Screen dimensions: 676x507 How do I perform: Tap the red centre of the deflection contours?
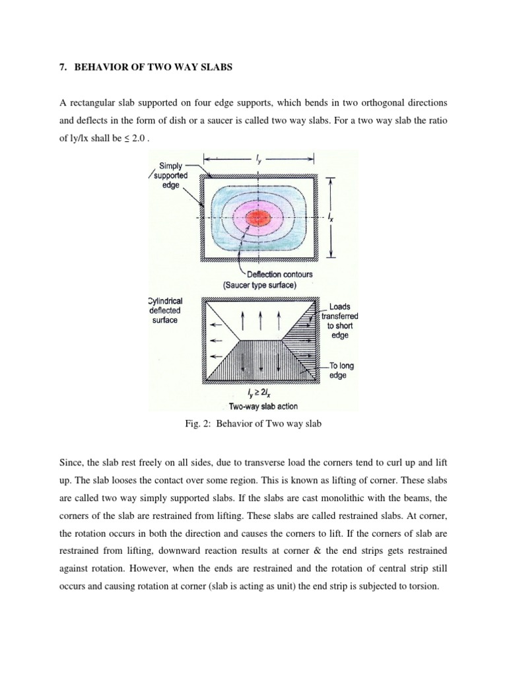(258, 218)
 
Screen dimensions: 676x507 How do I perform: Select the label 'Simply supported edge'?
(170, 176)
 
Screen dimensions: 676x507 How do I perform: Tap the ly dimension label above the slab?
(258, 158)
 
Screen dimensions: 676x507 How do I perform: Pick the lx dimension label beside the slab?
(331, 217)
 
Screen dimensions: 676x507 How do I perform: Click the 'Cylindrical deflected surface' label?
(166, 310)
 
